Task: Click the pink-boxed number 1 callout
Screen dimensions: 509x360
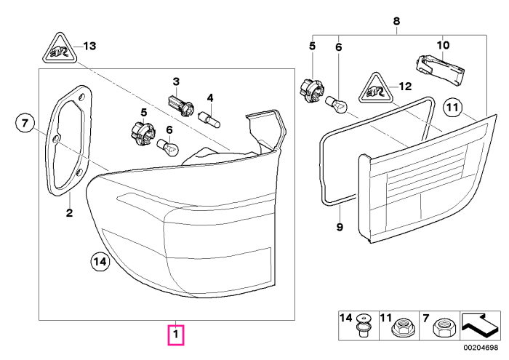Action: tap(176, 335)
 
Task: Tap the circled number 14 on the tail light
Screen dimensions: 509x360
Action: tap(100, 261)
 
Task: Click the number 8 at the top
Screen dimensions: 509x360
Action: tap(396, 21)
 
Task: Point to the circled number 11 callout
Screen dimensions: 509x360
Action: tap(452, 107)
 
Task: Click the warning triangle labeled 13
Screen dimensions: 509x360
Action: tap(60, 48)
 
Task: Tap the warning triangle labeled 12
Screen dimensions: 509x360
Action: tap(376, 88)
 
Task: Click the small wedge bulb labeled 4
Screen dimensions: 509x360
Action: tap(209, 119)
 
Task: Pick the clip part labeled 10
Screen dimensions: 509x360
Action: tap(440, 70)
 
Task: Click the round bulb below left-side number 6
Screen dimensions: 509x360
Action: tap(168, 147)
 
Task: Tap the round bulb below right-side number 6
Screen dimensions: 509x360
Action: tap(337, 105)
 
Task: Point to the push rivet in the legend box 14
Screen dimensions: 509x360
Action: tap(363, 325)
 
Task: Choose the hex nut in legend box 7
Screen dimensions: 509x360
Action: tap(442, 327)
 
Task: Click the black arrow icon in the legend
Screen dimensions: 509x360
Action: tap(480, 324)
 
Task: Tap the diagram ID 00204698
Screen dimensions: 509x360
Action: tap(481, 348)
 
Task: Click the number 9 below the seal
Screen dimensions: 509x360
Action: tap(340, 227)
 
